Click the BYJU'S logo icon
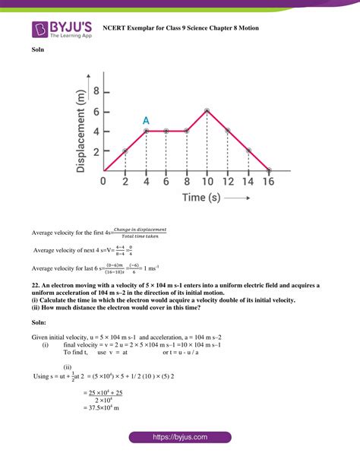(x=39, y=29)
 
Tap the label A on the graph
(x=146, y=120)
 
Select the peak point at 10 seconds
(x=207, y=111)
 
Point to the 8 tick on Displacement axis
(x=95, y=91)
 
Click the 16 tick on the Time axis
(x=269, y=182)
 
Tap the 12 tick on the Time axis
(x=228, y=182)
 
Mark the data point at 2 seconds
(x=125, y=151)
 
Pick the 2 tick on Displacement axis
(x=95, y=151)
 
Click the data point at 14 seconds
(x=248, y=151)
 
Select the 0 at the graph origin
(x=104, y=182)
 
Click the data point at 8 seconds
(x=187, y=131)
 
